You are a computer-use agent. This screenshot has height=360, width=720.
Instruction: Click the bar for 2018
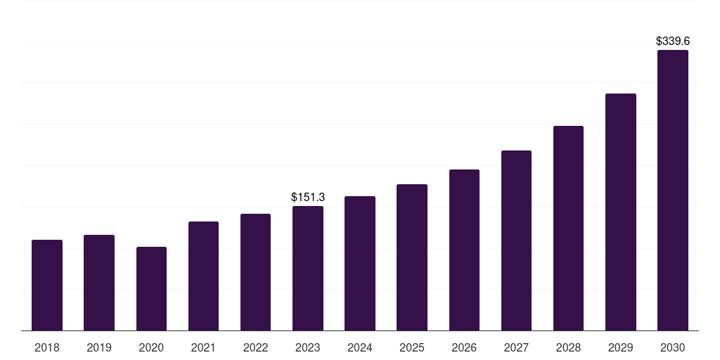point(47,285)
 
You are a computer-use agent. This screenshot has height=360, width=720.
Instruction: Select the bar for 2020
point(152,289)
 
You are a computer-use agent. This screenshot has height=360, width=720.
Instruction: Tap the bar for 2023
point(308,268)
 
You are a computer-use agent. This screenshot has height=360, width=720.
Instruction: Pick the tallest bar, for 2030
point(673,190)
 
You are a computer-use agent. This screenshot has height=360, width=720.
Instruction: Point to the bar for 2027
point(516,240)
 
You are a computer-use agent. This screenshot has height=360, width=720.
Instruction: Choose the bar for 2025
point(412,257)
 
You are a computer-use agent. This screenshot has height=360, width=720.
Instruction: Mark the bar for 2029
point(621,212)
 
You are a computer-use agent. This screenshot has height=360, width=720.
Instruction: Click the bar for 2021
point(203,276)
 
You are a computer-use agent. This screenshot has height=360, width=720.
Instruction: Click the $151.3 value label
point(308,198)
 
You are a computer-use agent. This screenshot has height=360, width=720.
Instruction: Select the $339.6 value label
point(673,41)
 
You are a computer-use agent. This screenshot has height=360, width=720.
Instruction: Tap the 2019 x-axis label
point(99,347)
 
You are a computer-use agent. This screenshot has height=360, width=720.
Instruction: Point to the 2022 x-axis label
point(255,347)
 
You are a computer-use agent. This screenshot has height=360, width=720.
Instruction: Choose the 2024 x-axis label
point(360,347)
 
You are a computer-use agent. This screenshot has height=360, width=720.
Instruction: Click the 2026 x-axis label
point(464,347)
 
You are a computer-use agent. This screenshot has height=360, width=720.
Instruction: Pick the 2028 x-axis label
point(568,347)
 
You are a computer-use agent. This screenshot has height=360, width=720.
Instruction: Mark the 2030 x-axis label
point(673,347)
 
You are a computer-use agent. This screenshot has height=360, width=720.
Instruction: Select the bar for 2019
point(99,283)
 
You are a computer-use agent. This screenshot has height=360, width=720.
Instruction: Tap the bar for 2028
point(568,229)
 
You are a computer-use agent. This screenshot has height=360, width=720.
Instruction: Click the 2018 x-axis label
point(47,347)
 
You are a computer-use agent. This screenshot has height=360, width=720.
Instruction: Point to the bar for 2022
point(255,272)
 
